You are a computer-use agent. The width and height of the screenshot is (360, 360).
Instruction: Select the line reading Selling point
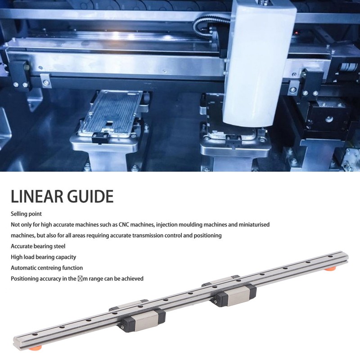point(26,213)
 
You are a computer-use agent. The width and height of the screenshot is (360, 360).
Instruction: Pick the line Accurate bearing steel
point(38,246)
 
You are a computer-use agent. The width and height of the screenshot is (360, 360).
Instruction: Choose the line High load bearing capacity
point(44,257)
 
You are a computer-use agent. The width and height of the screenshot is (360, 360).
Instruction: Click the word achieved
point(132,279)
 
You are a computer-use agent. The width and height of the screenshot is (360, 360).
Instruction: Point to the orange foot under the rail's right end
point(331,269)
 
